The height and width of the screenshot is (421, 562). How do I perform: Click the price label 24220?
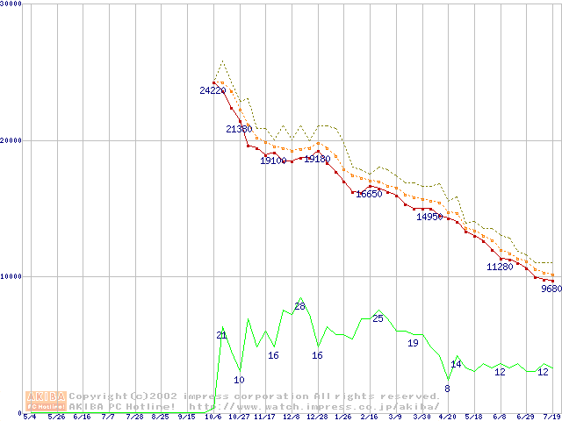coord(213,90)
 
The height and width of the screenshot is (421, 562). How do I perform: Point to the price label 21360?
coord(239,129)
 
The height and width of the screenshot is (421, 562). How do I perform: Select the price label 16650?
coord(369,194)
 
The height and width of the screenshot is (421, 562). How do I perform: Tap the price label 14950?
coord(429,216)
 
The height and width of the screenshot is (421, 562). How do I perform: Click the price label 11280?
coord(500,267)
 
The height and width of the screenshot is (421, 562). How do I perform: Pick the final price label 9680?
coord(551,288)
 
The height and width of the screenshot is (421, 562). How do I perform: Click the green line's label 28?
coord(299,306)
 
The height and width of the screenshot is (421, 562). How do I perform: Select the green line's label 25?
coord(378,318)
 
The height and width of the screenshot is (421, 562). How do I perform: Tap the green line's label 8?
coord(447,389)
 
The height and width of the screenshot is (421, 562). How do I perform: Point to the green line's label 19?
coord(413,343)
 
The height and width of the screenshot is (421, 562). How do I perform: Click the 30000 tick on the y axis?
coord(13,4)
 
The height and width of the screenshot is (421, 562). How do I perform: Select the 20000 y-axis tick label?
coord(13,140)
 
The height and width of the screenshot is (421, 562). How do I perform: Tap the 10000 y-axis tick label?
coord(13,276)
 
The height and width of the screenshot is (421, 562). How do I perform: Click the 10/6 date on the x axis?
coord(213,417)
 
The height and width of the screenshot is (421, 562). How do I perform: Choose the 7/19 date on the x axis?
coord(552,417)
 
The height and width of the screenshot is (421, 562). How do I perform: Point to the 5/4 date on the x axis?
coord(30,417)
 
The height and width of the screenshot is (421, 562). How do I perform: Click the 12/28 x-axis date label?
coord(317,417)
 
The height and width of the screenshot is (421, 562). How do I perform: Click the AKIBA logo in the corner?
coord(46,401)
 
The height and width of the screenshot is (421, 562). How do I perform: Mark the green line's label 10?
coord(239,380)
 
